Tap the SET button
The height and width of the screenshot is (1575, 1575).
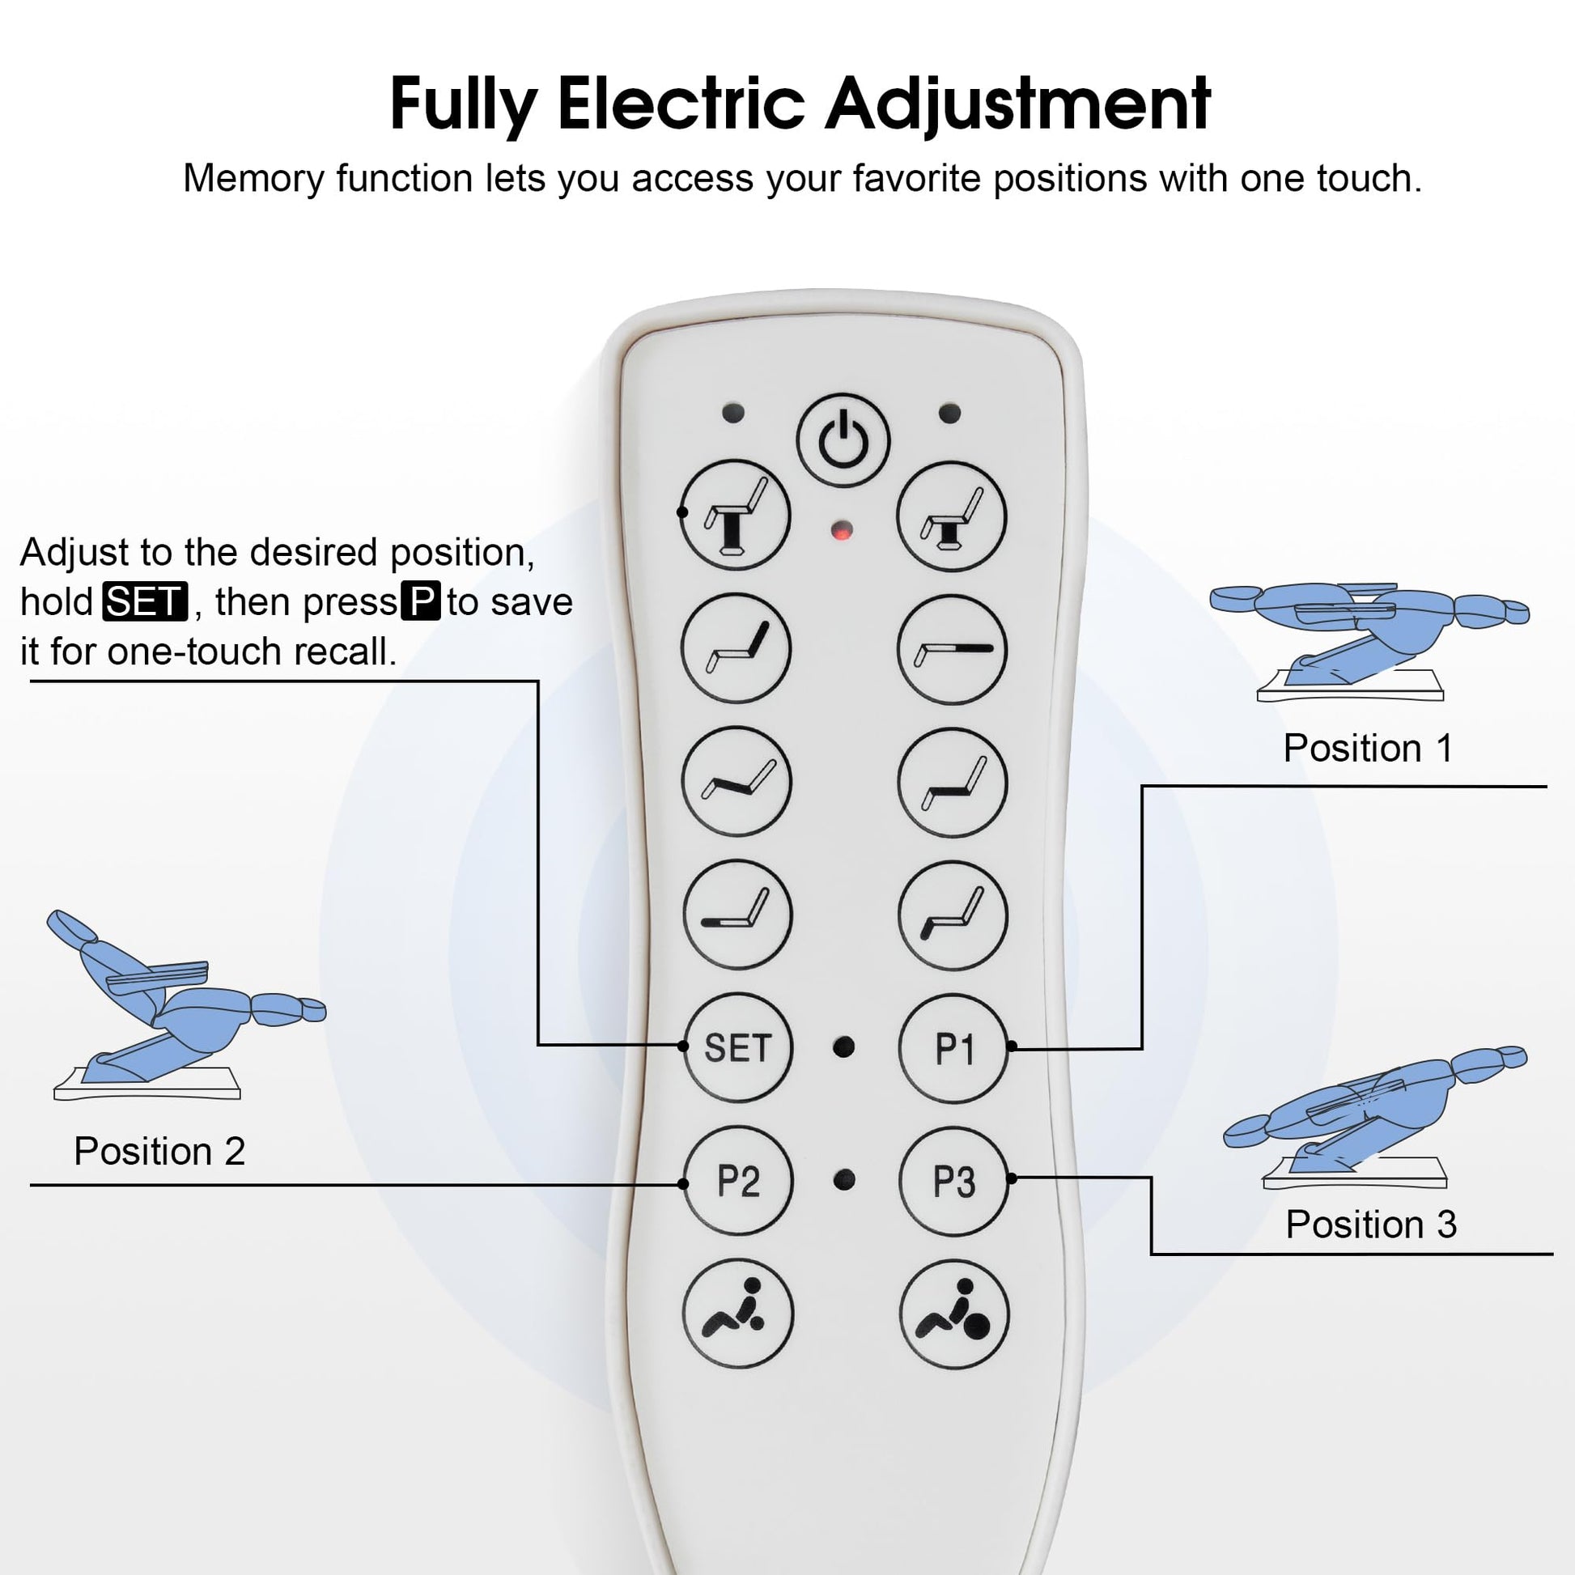737,1047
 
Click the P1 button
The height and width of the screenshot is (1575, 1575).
953,1049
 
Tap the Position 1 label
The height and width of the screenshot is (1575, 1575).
1368,749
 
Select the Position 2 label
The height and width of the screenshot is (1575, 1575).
159,1151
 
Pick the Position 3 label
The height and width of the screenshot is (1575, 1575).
1371,1225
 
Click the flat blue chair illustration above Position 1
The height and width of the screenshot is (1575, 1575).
1369,640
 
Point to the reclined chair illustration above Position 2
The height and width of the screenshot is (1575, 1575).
186,1004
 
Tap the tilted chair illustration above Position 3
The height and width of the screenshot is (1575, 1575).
1374,1118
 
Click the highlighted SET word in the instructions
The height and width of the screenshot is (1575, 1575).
145,602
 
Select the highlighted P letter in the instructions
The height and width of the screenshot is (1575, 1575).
422,601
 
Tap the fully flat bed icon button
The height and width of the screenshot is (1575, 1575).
952,650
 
